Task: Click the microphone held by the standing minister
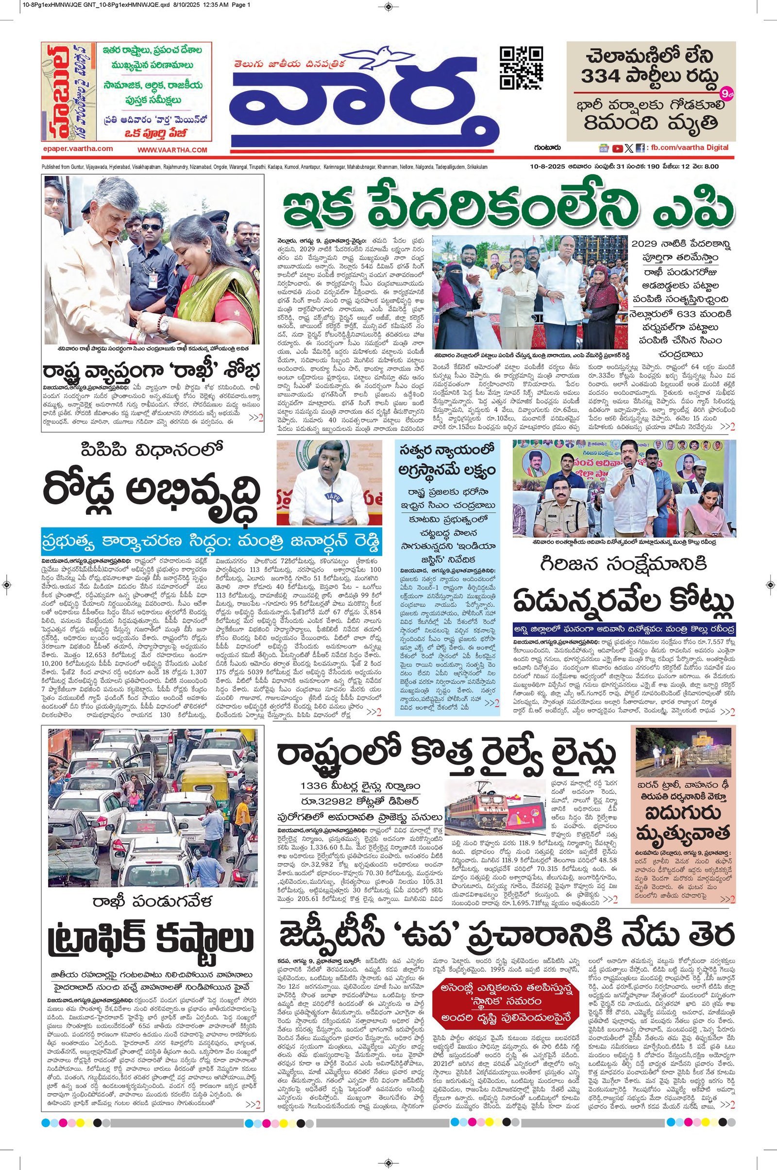pos(632,479)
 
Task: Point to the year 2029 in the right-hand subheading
pos(648,244)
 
